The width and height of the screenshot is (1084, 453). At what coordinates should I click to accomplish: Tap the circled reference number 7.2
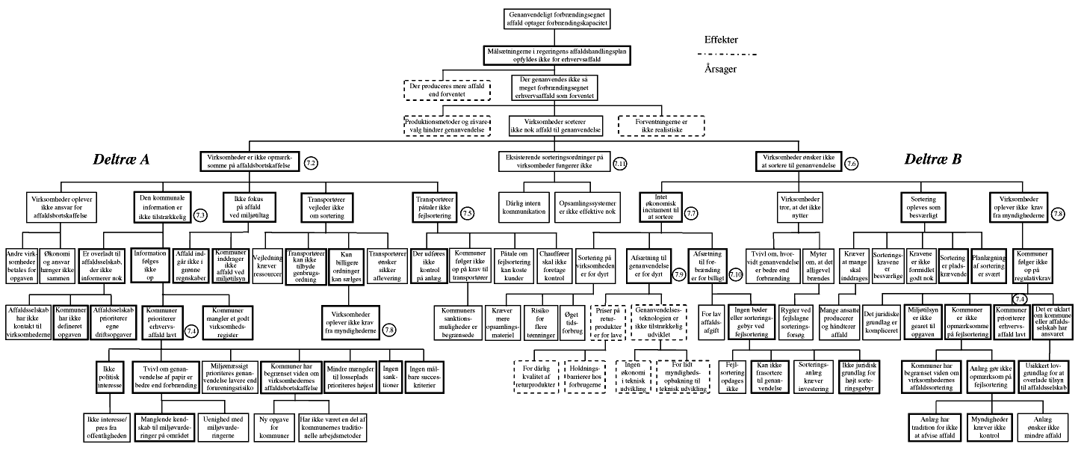[312, 162]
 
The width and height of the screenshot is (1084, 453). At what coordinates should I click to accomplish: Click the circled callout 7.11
[619, 164]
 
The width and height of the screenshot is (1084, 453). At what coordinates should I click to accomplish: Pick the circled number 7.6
[851, 163]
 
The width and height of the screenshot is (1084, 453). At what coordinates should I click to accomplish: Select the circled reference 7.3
[201, 215]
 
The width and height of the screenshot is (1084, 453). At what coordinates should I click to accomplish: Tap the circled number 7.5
[468, 213]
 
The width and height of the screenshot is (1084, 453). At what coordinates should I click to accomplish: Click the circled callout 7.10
[735, 275]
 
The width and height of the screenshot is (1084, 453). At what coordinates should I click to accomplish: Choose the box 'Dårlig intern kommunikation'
[524, 203]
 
